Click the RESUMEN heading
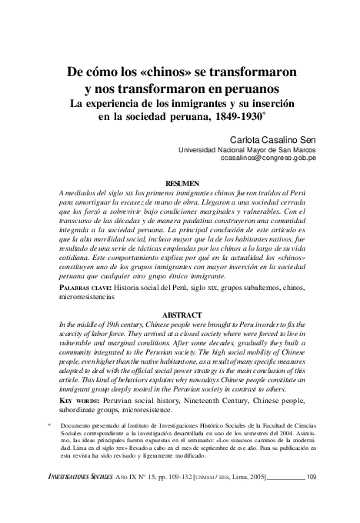click(x=182, y=176)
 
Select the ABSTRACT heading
click(x=182, y=315)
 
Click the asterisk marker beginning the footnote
click(x=48, y=424)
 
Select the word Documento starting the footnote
click(x=78, y=425)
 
